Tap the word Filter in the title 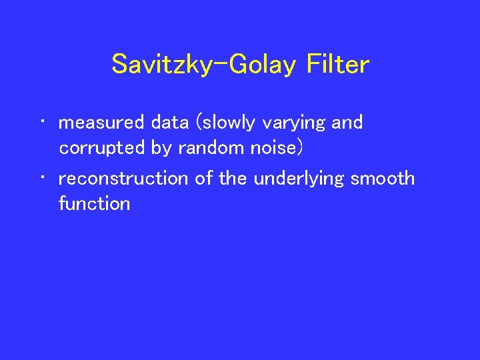coord(338,65)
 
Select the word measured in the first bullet coord(101,123)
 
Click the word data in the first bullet coord(169,123)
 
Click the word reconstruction coord(124,179)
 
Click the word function coord(94,203)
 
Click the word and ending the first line coord(347,123)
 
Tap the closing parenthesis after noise coord(300,148)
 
